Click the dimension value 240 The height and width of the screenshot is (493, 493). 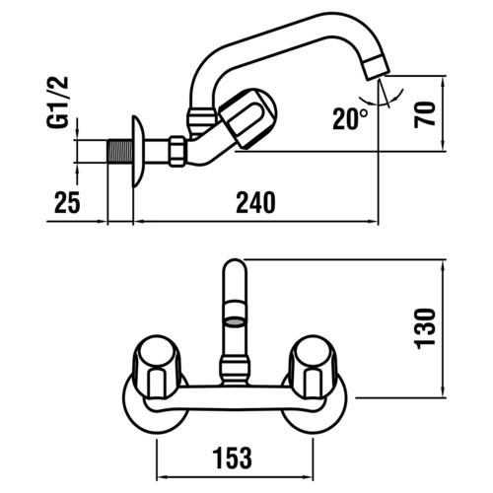click(x=255, y=203)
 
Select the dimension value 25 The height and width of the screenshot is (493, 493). click(x=67, y=202)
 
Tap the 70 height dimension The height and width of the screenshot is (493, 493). click(x=425, y=114)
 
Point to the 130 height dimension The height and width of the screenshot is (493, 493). click(x=425, y=328)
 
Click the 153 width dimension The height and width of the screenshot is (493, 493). click(x=233, y=458)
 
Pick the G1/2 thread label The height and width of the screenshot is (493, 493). click(x=58, y=103)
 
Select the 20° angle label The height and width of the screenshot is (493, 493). click(x=350, y=118)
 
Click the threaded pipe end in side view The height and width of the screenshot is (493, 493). click(x=120, y=151)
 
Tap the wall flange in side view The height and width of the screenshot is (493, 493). click(x=137, y=151)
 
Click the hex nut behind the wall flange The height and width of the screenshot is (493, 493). click(x=176, y=151)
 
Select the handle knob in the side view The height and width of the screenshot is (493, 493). click(x=248, y=117)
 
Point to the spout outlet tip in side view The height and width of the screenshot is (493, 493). click(x=377, y=68)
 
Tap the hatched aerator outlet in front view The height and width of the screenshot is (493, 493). click(x=235, y=322)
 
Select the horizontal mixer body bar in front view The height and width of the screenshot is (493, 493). click(x=235, y=398)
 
